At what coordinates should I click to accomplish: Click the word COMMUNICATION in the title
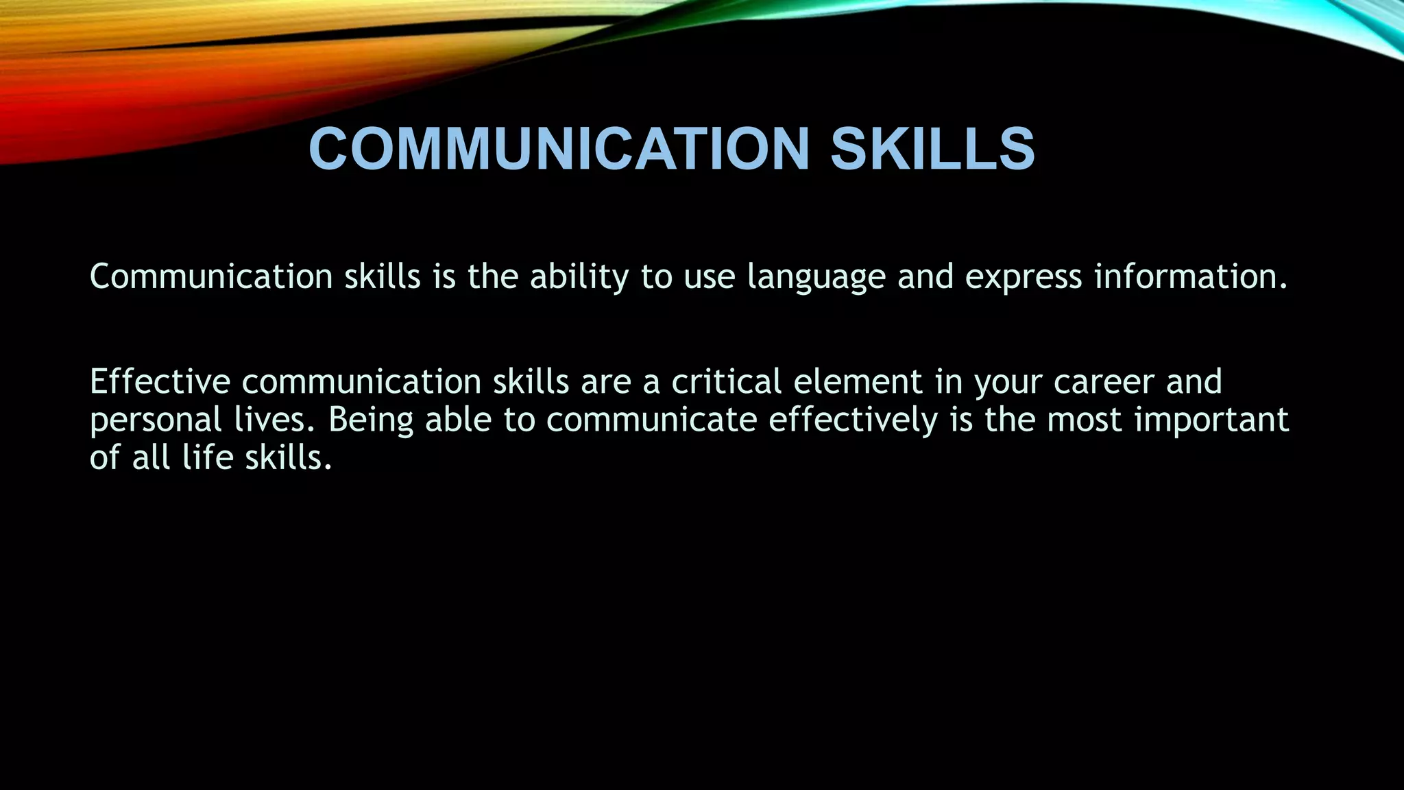559,149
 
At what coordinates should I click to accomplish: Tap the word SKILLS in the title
932,149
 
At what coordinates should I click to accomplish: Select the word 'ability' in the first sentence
579,277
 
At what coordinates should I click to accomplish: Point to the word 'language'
816,277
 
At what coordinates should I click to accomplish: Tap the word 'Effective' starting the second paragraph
160,382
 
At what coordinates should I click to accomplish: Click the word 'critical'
727,382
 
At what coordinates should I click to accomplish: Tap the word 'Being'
371,420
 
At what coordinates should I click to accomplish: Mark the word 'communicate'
651,420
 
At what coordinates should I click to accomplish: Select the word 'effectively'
853,420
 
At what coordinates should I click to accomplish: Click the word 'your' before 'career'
1008,382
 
